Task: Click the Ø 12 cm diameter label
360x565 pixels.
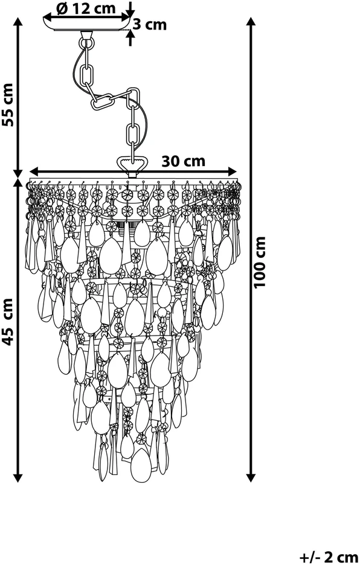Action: coord(86,8)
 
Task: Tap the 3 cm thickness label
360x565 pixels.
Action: coord(150,25)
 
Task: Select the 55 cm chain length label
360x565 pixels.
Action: coord(8,105)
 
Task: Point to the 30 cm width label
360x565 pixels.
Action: coord(183,161)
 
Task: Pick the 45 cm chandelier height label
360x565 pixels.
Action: coord(8,321)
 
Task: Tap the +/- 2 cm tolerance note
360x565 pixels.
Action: coord(329,557)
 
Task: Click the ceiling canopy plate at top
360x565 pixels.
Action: coord(86,24)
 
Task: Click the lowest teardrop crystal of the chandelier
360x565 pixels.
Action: coord(141,464)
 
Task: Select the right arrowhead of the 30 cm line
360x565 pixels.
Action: coord(231,171)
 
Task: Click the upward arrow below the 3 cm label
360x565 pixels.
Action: coord(130,37)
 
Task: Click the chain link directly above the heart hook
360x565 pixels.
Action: coord(132,134)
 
